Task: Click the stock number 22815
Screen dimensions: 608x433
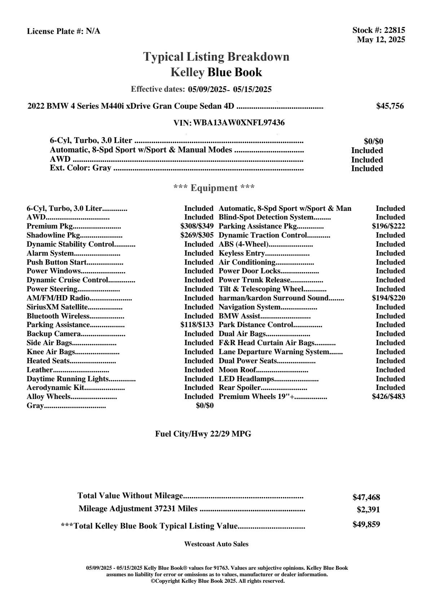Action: (x=394, y=30)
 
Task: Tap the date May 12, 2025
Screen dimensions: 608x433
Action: (x=381, y=40)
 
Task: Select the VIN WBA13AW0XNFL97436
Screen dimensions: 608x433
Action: (x=239, y=123)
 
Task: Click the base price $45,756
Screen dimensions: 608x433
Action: (x=390, y=106)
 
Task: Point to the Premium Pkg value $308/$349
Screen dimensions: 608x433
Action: (x=197, y=226)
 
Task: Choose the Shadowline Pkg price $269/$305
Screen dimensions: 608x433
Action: (x=197, y=235)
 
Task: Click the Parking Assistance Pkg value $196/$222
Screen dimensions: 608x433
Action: (x=388, y=226)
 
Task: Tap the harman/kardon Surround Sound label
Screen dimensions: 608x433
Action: (x=273, y=298)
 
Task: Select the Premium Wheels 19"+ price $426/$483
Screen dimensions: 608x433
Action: (x=388, y=397)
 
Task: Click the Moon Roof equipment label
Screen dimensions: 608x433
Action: (x=237, y=370)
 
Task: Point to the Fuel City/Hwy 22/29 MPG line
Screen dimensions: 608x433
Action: (x=203, y=434)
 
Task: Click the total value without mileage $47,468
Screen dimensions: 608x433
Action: (x=366, y=498)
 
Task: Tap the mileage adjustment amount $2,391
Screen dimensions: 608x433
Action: (x=368, y=510)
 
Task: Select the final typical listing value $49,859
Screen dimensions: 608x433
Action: (x=366, y=525)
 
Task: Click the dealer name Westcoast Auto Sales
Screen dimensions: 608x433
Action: (x=216, y=544)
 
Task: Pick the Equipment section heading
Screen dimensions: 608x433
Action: (x=214, y=188)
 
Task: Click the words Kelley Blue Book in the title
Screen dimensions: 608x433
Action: (x=216, y=73)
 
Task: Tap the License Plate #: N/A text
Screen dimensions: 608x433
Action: (x=63, y=31)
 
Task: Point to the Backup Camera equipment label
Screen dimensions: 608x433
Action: (x=53, y=334)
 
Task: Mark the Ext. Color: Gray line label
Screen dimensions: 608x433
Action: (x=80, y=168)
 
